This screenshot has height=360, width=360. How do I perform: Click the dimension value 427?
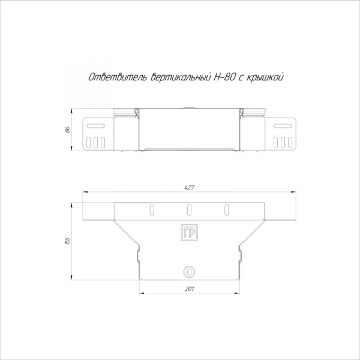(190, 188)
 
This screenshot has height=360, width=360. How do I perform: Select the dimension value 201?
(190, 289)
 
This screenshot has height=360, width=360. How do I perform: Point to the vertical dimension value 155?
(67, 241)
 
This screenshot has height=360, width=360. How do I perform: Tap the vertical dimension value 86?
(67, 130)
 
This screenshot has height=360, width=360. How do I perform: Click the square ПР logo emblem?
(189, 232)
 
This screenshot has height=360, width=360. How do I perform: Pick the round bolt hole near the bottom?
(189, 272)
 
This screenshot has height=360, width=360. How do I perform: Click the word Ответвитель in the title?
(118, 77)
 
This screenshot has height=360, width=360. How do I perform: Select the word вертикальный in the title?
(180, 77)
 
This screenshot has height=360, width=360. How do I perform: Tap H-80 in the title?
(224, 77)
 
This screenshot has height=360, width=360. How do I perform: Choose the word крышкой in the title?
(265, 77)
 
